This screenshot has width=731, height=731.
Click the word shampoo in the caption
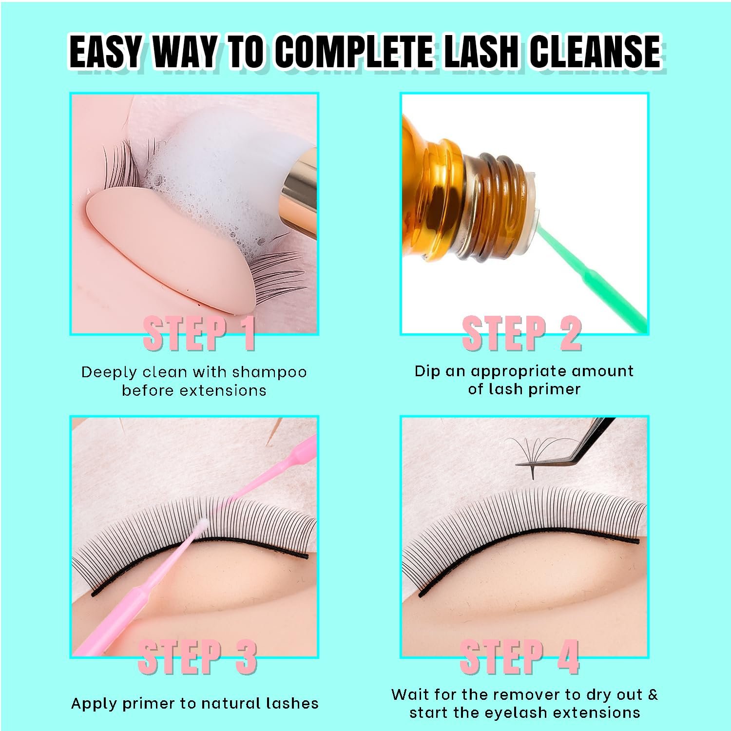coord(269,372)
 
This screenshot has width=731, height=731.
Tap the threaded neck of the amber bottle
coord(492,205)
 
